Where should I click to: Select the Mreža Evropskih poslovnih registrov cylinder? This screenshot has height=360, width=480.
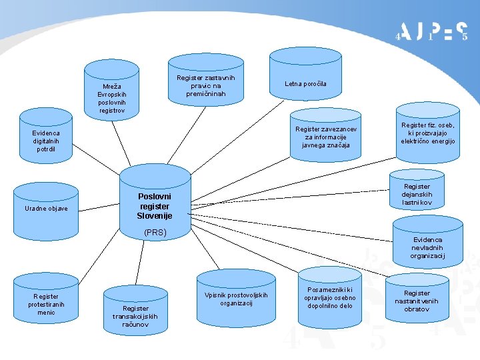[x=111, y=99]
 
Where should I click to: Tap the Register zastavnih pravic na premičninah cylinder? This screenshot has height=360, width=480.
[x=206, y=86]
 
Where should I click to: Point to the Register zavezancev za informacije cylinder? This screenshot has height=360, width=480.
[x=326, y=137]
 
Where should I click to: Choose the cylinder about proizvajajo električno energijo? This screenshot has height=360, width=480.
[x=427, y=133]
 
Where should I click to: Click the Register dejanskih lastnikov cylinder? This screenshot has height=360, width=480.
[x=417, y=195]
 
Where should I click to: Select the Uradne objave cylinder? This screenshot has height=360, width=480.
[x=46, y=209]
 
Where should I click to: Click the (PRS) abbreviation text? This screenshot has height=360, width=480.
[x=155, y=233]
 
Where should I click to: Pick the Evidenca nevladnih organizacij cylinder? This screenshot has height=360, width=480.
[x=427, y=247]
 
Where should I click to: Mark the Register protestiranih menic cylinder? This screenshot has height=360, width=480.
[x=46, y=303]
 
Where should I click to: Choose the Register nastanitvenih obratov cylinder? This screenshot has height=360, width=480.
[x=417, y=300]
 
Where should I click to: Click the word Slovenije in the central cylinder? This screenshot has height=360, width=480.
[x=155, y=216]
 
